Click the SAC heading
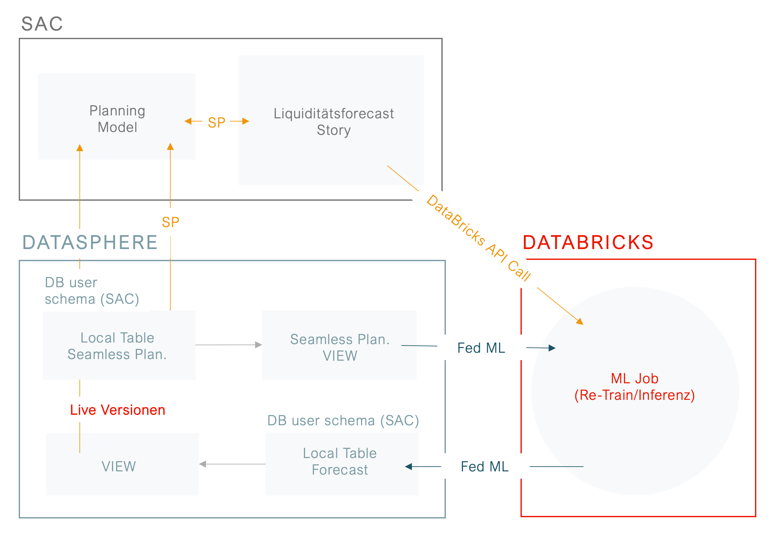(x=42, y=24)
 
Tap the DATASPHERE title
(x=90, y=243)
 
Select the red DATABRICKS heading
(x=588, y=243)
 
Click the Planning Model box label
(x=117, y=119)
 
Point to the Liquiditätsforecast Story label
(x=334, y=122)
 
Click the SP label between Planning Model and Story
(x=216, y=123)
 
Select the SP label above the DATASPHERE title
(x=170, y=222)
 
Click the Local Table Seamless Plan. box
(x=117, y=346)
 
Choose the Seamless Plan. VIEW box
(x=340, y=347)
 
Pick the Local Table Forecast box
(x=340, y=462)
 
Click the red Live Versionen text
(x=118, y=410)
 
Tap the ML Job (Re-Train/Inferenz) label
(x=634, y=387)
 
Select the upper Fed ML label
(x=481, y=348)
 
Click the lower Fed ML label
(x=484, y=467)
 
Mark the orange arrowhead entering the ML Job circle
(x=580, y=322)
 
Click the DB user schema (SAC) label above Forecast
(x=343, y=421)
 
